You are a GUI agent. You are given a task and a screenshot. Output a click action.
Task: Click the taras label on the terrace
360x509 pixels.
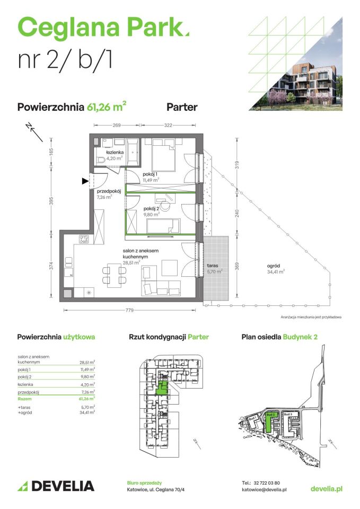coord(213,265)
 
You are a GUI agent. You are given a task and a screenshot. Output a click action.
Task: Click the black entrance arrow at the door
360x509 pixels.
coord(85,181)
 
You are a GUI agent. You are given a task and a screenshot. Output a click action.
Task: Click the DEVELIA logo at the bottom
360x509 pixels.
coord(56,486)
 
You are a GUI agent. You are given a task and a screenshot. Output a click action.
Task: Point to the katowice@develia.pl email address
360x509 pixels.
coord(264,490)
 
